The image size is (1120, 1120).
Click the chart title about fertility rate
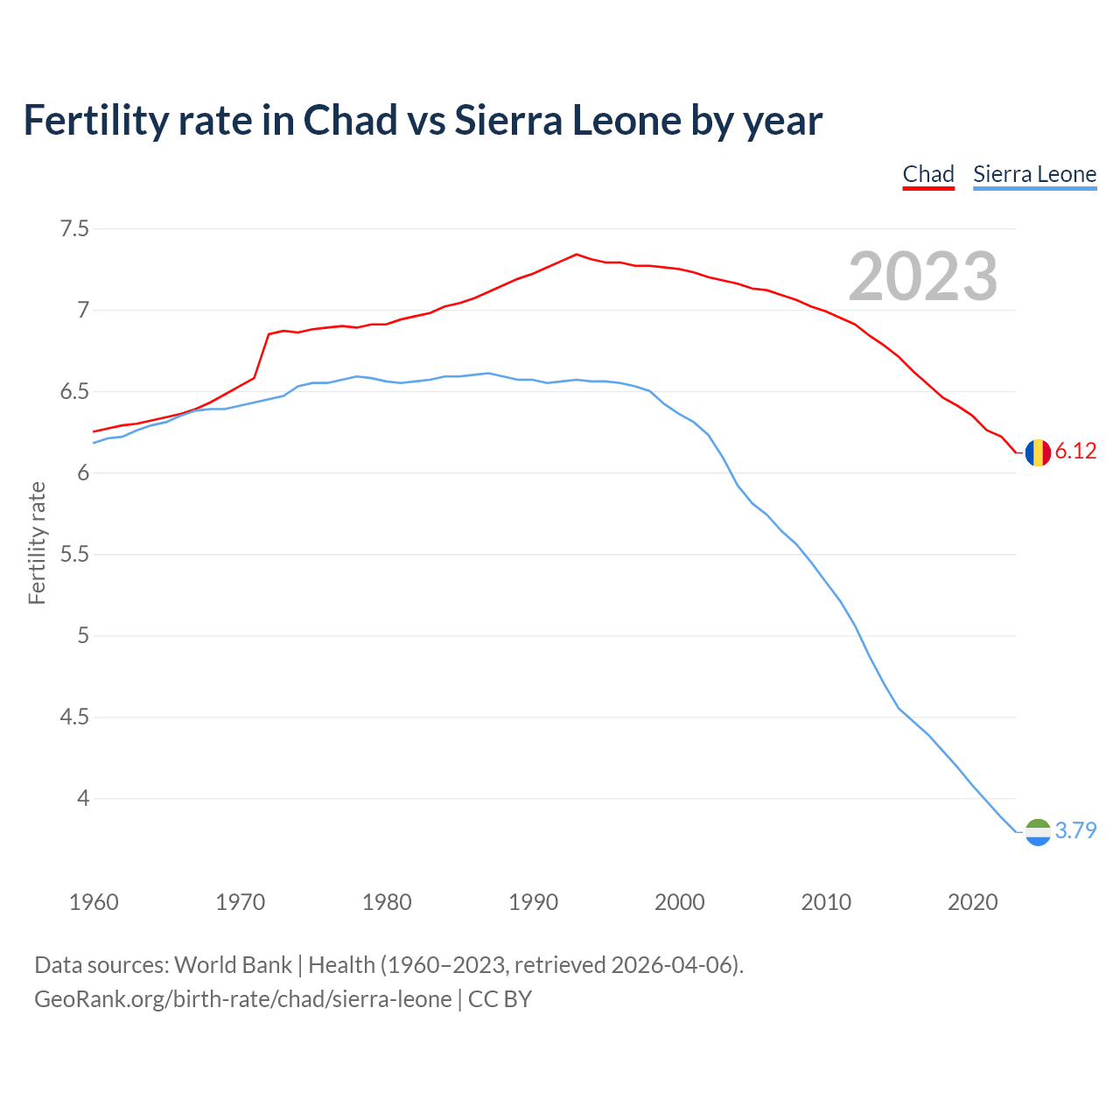(423, 121)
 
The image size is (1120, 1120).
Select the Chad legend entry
(928, 174)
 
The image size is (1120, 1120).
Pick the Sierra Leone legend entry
(1034, 174)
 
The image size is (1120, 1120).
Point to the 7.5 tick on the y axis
(74, 229)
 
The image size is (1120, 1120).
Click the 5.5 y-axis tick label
(74, 555)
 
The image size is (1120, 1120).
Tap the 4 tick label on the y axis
(83, 798)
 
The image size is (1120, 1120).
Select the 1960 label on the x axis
(94, 902)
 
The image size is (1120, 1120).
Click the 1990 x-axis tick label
(533, 902)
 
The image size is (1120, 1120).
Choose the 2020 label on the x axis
(972, 902)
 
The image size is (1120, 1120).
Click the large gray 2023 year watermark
(922, 276)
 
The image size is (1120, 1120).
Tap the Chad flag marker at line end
(1038, 452)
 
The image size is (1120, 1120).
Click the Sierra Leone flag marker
(1038, 831)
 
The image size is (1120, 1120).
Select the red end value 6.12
(1075, 451)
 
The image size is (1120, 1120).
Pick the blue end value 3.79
(1075, 830)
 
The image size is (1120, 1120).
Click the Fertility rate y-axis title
(37, 542)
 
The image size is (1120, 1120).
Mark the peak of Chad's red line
(576, 255)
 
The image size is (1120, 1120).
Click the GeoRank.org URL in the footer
(242, 999)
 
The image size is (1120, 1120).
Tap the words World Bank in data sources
(233, 965)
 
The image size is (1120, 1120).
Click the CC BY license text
(500, 999)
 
